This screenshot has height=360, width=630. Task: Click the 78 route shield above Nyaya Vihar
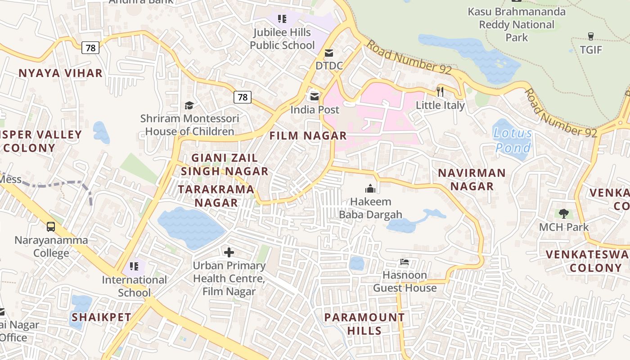click(90, 48)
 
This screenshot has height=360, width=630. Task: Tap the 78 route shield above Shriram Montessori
click(242, 97)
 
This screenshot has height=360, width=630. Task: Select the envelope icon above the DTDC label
click(329, 53)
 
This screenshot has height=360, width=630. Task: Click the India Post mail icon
click(314, 96)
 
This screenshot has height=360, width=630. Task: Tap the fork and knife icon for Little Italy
click(440, 91)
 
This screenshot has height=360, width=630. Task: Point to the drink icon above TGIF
click(591, 36)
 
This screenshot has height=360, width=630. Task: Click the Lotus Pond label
click(513, 140)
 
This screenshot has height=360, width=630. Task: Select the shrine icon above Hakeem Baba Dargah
click(370, 188)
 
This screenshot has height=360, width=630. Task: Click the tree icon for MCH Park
click(563, 214)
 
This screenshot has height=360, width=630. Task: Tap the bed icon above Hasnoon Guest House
click(405, 262)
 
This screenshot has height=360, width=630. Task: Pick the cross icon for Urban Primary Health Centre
click(229, 252)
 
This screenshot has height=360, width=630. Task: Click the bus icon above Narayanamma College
click(51, 227)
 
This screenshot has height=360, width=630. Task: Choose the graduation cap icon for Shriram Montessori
click(189, 105)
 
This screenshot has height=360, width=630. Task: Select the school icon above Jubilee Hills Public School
click(282, 19)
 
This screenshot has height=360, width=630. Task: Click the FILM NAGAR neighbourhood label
click(308, 135)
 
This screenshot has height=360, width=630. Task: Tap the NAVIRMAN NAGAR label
click(472, 180)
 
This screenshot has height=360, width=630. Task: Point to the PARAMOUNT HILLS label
click(364, 324)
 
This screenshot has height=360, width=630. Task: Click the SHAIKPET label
click(101, 317)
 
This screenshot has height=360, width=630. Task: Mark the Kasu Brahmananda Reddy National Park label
click(517, 25)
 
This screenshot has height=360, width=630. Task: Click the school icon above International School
click(134, 266)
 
